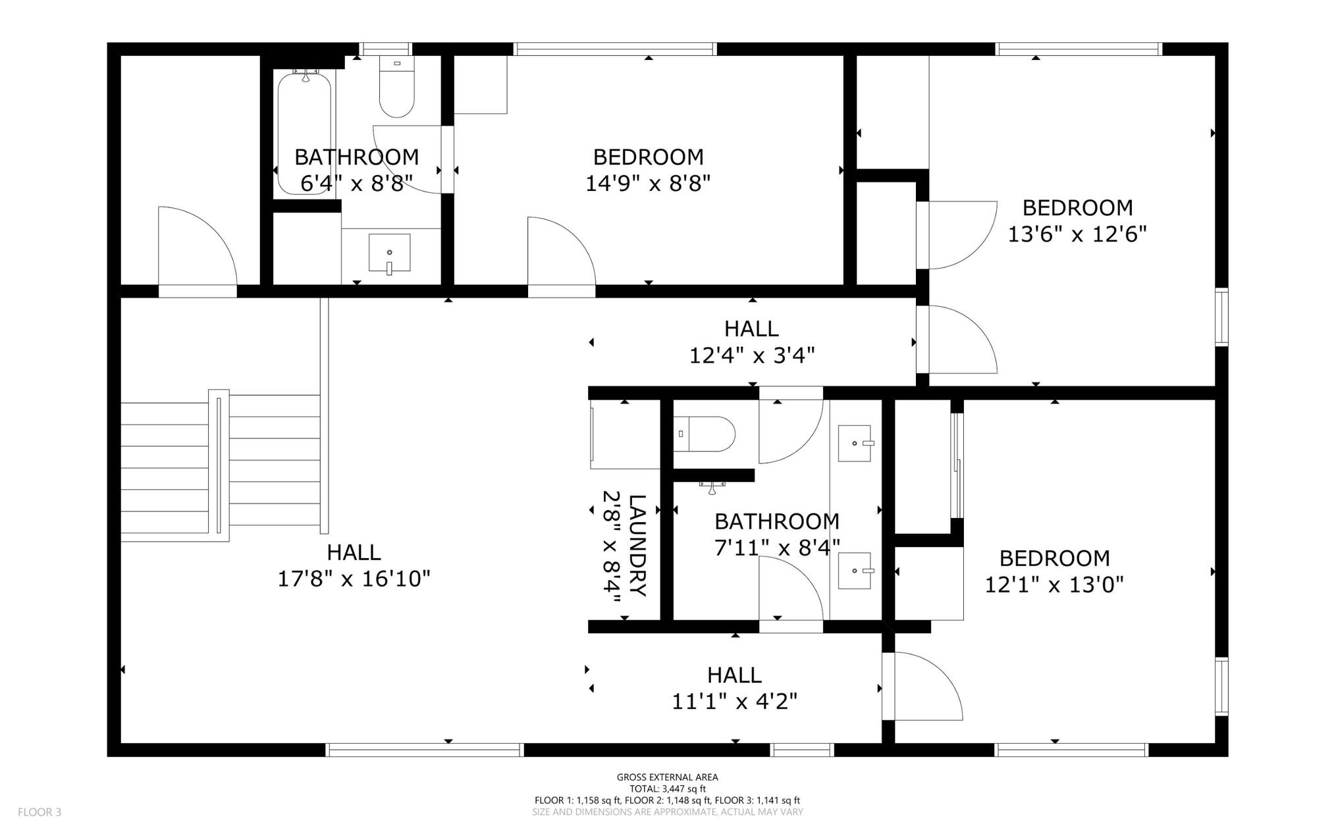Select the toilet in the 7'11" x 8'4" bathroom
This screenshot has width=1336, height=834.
pyautogui.click(x=705, y=434)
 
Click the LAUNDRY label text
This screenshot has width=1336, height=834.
pyautogui.click(x=637, y=545)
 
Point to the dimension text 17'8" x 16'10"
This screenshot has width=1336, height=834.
pyautogui.click(x=354, y=579)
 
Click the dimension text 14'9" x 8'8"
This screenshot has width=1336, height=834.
pyautogui.click(x=648, y=184)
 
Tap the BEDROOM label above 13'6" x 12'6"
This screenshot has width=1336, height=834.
pyautogui.click(x=1077, y=208)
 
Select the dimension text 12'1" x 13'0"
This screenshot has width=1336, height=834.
pyautogui.click(x=1054, y=585)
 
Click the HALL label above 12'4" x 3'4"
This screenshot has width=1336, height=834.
pyautogui.click(x=751, y=328)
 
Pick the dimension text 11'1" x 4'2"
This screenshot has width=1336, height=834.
pyautogui.click(x=734, y=702)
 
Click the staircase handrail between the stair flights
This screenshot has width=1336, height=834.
pyautogui.click(x=219, y=464)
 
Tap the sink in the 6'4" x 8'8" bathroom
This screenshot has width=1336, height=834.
pyautogui.click(x=389, y=253)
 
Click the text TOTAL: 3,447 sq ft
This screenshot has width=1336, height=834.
pyautogui.click(x=667, y=789)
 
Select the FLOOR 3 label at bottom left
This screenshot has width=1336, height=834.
pyautogui.click(x=40, y=812)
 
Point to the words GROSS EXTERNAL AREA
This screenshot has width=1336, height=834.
pyautogui.click(x=667, y=777)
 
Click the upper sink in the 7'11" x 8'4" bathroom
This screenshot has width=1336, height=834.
pyautogui.click(x=855, y=443)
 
